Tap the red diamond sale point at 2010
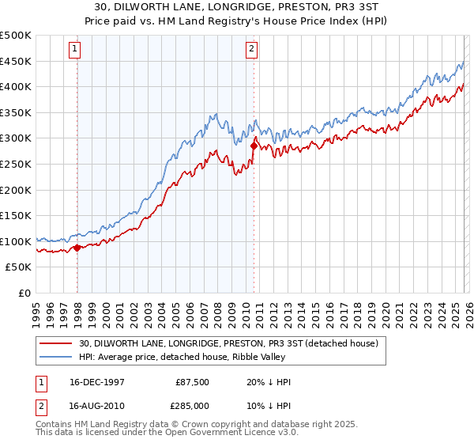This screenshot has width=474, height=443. point(254,146)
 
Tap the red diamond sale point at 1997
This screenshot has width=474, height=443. point(77,248)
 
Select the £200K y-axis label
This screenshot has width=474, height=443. point(16,190)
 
